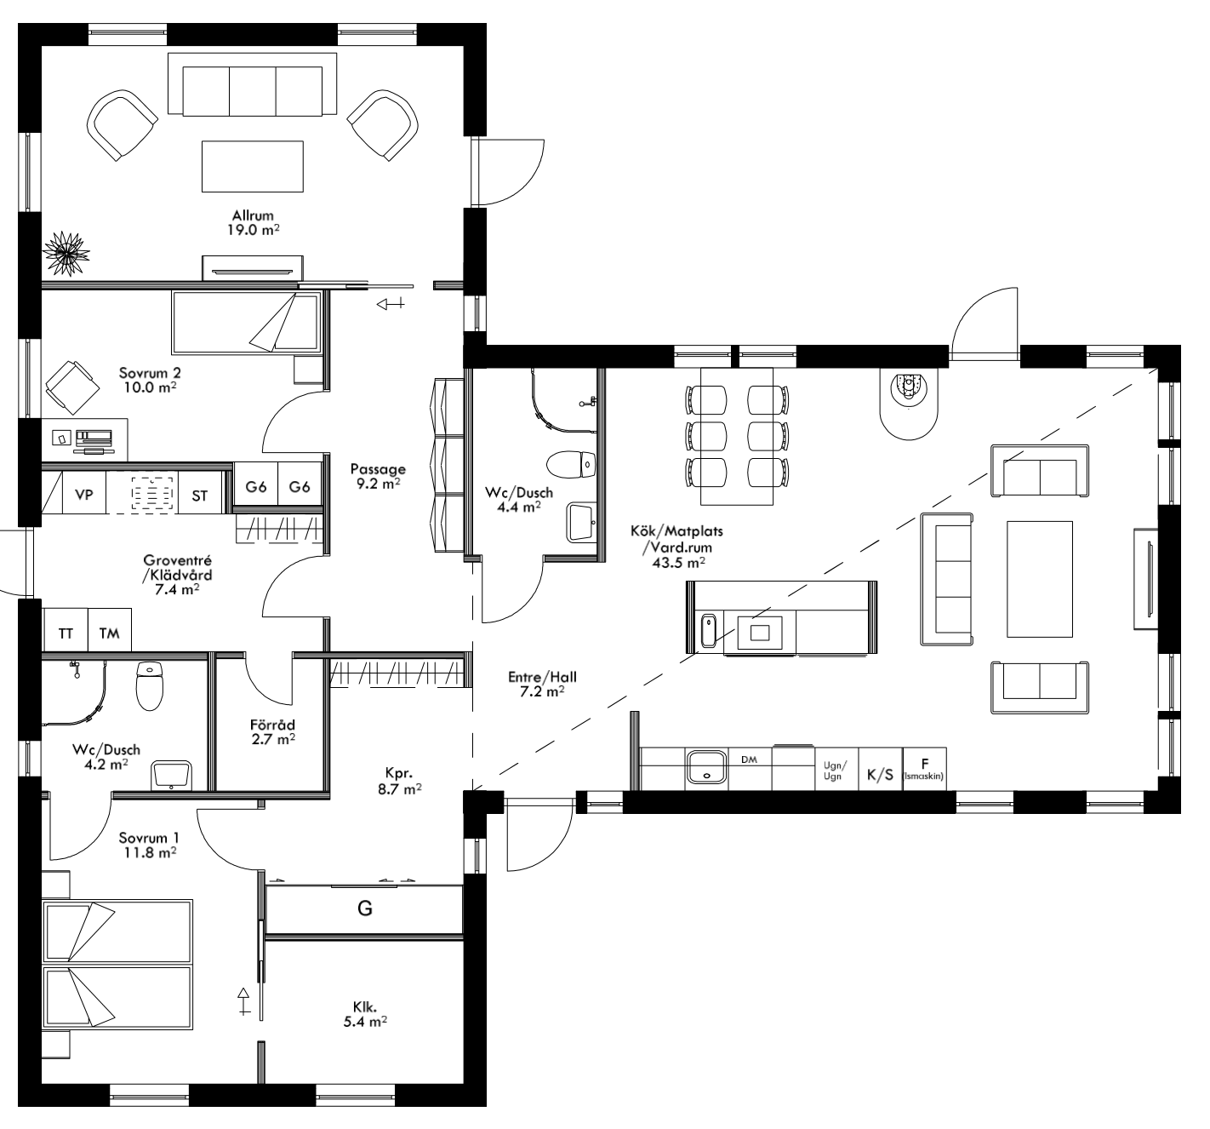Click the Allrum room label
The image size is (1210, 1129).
tap(253, 222)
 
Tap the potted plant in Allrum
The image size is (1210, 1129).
tap(66, 251)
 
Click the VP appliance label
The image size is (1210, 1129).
tap(84, 495)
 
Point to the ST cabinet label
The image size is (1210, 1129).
tap(199, 496)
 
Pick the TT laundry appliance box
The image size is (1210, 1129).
tap(66, 633)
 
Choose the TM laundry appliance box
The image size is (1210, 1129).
tap(110, 633)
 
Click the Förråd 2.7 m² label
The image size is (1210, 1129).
tap(272, 731)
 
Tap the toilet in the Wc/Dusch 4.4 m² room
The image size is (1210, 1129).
tap(570, 465)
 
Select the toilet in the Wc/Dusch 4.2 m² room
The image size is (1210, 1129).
tap(149, 685)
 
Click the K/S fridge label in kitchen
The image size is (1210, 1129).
tap(880, 775)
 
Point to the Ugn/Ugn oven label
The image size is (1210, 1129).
tap(834, 771)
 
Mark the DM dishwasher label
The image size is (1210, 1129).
tap(749, 759)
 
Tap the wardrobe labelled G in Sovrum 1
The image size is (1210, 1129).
tap(364, 909)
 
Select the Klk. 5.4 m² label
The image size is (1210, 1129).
tap(365, 1014)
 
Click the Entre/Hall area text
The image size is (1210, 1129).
tap(542, 684)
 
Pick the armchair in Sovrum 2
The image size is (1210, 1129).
tap(70, 385)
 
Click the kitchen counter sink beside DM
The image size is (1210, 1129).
tap(706, 765)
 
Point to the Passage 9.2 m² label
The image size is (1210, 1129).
tap(378, 475)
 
